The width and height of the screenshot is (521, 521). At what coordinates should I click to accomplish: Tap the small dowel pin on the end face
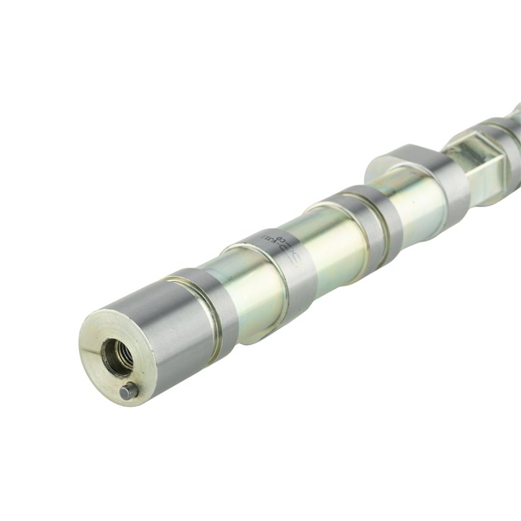point(128,391)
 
